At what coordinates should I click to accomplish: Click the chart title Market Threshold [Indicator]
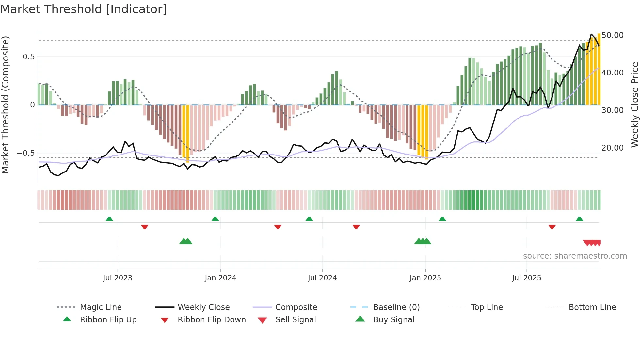(x=84, y=9)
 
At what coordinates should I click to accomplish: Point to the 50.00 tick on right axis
(x=612, y=35)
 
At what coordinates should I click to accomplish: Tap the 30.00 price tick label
(x=612, y=110)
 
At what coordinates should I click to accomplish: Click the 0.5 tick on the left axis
(x=28, y=57)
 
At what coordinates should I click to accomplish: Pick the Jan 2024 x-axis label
(x=220, y=278)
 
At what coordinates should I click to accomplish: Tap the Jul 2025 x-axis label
(x=526, y=278)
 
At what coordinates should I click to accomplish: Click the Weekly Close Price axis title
(x=634, y=105)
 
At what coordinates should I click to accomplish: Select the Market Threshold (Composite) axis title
(x=5, y=105)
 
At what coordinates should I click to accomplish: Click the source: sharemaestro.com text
(x=575, y=256)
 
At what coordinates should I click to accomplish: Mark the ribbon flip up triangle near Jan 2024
(x=215, y=219)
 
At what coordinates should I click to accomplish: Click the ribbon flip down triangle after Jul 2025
(x=552, y=227)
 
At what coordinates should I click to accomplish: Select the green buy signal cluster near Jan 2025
(x=423, y=241)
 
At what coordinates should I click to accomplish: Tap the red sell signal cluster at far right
(x=592, y=243)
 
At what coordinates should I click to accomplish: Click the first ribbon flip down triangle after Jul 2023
(x=145, y=227)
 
